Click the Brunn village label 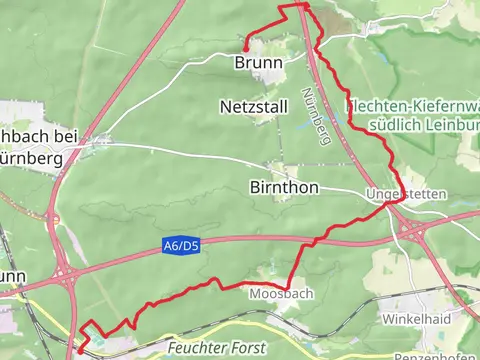pos(257,62)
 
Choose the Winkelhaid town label pos(417,318)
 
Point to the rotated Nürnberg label pos(322,121)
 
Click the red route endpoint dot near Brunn pos(246,45)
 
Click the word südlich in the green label pos(394,124)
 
